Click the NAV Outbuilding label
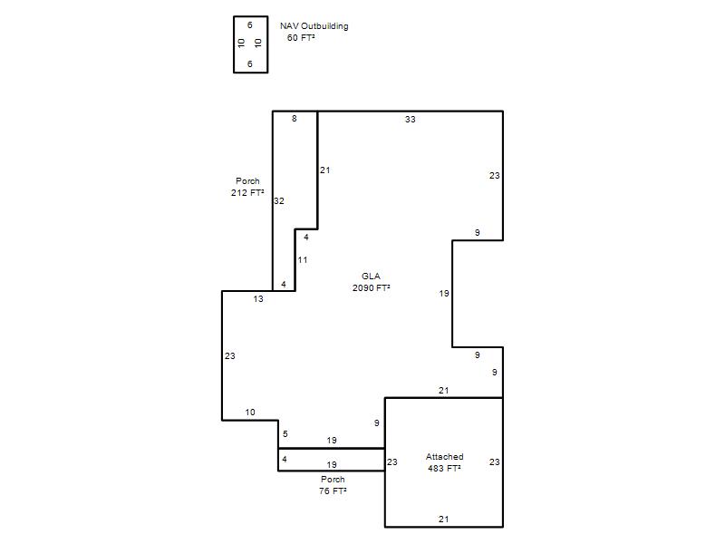[x=314, y=26]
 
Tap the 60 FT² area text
[x=301, y=38]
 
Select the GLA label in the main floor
[x=371, y=277]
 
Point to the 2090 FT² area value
[x=372, y=287]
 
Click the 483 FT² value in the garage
[x=444, y=468]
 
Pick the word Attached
[x=444, y=457]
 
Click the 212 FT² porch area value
[x=247, y=192]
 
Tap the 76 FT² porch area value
[x=333, y=491]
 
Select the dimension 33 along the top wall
[x=411, y=120]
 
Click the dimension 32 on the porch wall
[x=279, y=200]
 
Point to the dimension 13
[x=258, y=299]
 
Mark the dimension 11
[x=303, y=260]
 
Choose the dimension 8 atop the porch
[x=294, y=119]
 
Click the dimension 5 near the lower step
[x=285, y=434]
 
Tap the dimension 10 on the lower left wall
[x=250, y=413]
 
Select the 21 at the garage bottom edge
[x=443, y=519]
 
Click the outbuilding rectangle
[x=234, y=44]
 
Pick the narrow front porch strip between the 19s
[x=332, y=460]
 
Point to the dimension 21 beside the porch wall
[x=325, y=170]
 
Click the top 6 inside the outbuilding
[x=250, y=25]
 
